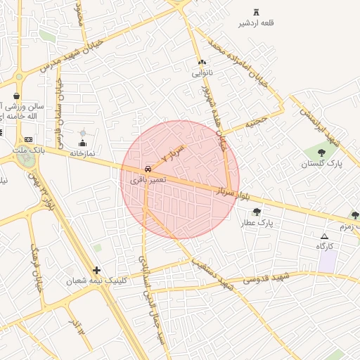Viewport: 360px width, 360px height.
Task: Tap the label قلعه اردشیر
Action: [256, 23]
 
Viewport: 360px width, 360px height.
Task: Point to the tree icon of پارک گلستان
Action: [321, 152]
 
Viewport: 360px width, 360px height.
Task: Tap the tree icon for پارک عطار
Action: [257, 211]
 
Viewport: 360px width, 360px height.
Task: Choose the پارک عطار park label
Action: [257, 223]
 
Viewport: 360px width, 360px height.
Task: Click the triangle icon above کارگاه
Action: [324, 236]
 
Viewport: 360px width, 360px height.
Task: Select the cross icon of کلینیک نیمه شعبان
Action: [96, 270]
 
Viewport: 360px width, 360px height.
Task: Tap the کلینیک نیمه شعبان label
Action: [97, 281]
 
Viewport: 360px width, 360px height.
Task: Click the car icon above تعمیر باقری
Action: [148, 169]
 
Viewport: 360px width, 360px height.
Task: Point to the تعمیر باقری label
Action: [148, 180]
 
